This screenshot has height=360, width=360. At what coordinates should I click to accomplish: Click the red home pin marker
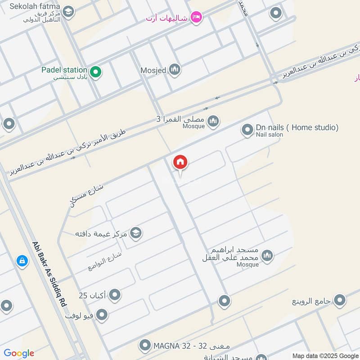pyautogui.click(x=180, y=162)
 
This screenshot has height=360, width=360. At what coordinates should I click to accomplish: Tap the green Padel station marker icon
pyautogui.click(x=95, y=71)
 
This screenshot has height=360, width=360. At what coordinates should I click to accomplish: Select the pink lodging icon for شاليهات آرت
pyautogui.click(x=196, y=18)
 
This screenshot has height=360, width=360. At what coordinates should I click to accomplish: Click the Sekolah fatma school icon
pyautogui.click(x=68, y=12)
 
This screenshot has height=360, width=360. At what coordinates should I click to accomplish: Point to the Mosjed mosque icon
pyautogui.click(x=175, y=70)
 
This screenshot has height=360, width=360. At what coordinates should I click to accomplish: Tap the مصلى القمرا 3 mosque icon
pyautogui.click(x=213, y=121)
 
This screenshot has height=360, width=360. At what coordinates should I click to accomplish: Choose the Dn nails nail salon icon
pyautogui.click(x=247, y=130)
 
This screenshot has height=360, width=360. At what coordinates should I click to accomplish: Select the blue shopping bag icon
pyautogui.click(x=22, y=261)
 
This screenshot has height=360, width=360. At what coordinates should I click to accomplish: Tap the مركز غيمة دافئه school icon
pyautogui.click(x=135, y=233)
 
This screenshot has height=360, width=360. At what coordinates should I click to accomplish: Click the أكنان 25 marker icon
pyautogui.click(x=115, y=295)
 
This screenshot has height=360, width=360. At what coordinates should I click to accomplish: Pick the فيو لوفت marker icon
pyautogui.click(x=102, y=315)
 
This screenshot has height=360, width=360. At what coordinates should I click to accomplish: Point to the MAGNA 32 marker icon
pyautogui.click(x=145, y=346)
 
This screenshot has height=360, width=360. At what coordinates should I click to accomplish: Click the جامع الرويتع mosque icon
pyautogui.click(x=340, y=300)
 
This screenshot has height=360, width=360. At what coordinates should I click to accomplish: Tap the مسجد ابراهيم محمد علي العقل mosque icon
pyautogui.click(x=267, y=256)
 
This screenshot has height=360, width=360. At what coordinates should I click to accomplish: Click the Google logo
pyautogui.click(x=19, y=353)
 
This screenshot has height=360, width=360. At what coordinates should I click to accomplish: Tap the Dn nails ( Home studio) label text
pyautogui.click(x=297, y=127)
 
